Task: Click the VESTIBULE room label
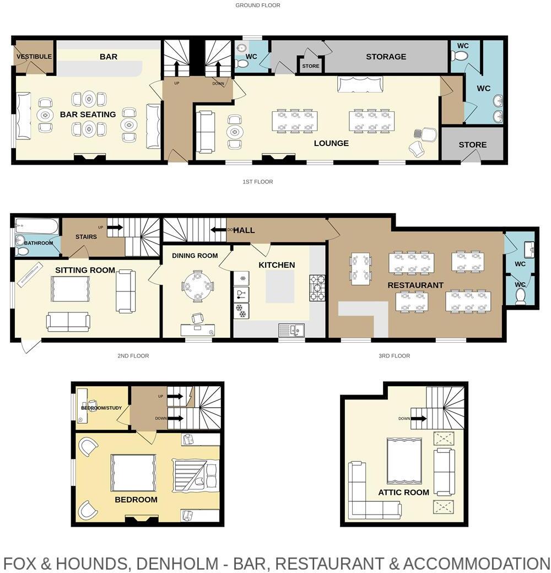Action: [34, 57]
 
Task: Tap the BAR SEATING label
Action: [88, 115]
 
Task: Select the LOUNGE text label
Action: [331, 143]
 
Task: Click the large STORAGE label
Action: [386, 57]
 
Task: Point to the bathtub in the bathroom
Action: [36, 226]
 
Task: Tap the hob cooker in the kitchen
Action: [317, 288]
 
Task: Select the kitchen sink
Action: [291, 331]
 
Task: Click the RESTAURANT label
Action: [415, 285]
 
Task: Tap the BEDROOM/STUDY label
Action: [102, 408]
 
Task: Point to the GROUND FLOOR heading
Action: [258, 6]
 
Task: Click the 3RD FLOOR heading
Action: [395, 356]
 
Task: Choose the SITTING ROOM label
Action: [85, 270]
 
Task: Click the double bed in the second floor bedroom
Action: [133, 473]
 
